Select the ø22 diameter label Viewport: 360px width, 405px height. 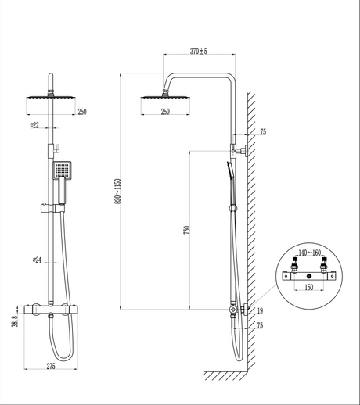36,124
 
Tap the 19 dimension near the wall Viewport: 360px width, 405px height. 259,312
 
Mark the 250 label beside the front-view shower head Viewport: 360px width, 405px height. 81,112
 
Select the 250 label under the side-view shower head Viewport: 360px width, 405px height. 165,112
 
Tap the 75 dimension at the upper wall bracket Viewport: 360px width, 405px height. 262,133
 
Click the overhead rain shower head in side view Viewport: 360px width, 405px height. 164,97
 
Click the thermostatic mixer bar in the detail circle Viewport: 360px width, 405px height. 309,276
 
